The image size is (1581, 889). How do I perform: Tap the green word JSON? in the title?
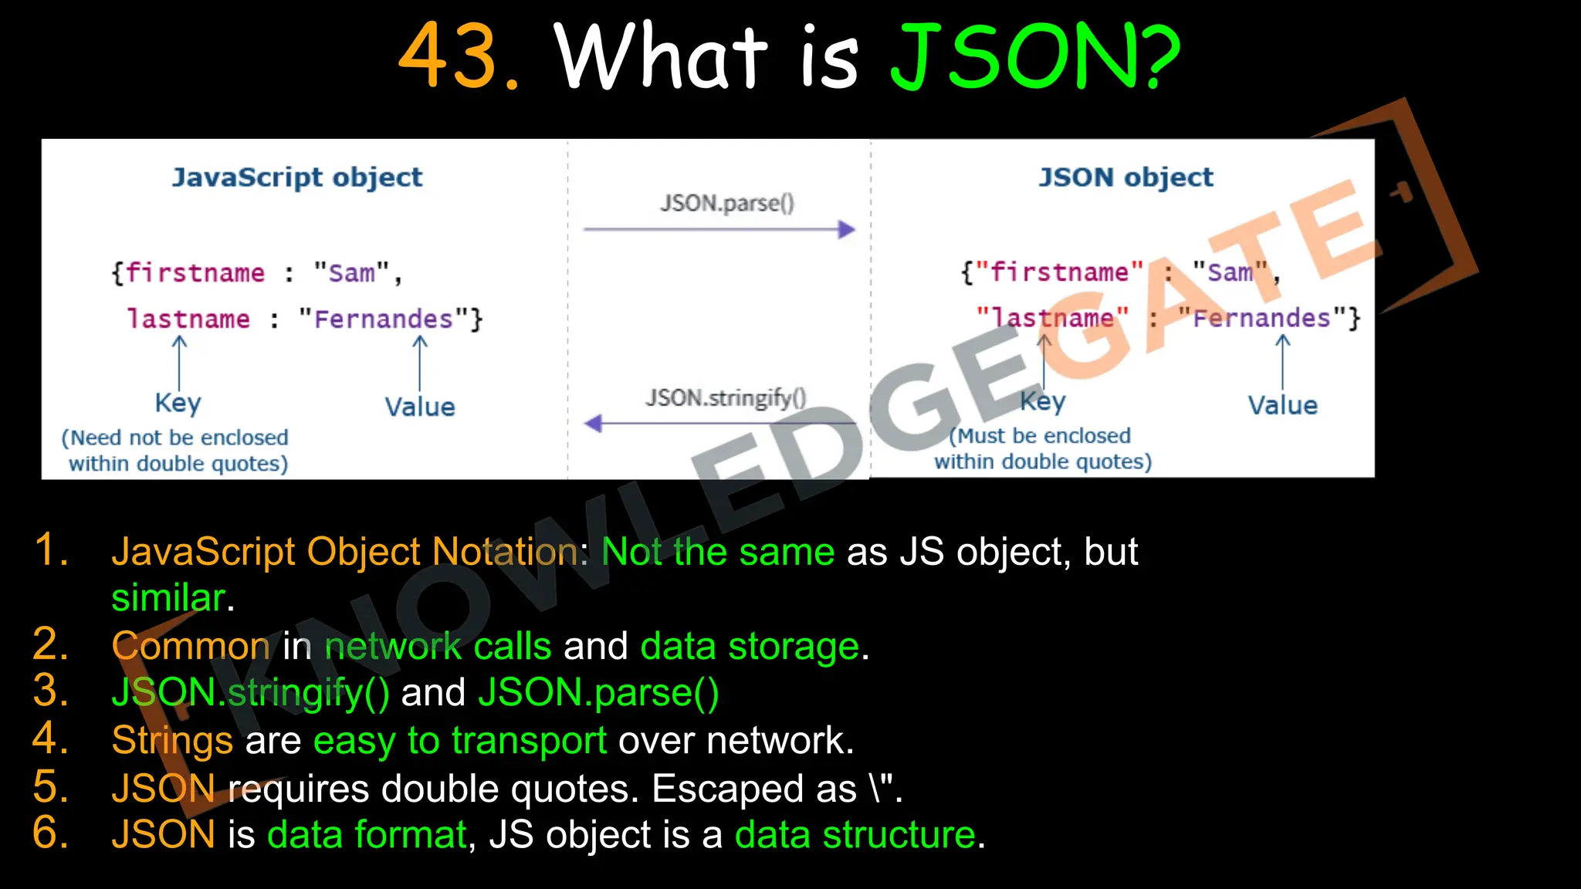point(1035,56)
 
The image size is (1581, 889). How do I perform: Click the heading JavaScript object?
point(297,177)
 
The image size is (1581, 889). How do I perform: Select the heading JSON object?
point(1126,177)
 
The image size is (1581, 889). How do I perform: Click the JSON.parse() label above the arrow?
point(726,203)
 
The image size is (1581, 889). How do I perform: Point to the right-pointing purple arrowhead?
point(847,229)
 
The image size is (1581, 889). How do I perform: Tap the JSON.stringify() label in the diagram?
point(726,398)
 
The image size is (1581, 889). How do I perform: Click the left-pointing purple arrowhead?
point(593,423)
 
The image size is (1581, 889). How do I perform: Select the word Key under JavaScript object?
point(178,403)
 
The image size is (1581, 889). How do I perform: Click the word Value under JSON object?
point(1282,406)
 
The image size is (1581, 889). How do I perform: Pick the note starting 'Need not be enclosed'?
point(176,450)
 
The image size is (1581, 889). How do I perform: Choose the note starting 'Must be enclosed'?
point(1042,448)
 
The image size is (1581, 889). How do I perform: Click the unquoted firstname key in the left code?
point(195,273)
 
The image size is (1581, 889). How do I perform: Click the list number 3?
point(51,691)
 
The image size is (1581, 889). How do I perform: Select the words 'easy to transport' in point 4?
point(459,741)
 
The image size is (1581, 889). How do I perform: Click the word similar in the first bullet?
point(168,598)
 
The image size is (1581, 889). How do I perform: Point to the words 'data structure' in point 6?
point(855,835)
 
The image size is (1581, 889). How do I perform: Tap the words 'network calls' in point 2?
point(438,646)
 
